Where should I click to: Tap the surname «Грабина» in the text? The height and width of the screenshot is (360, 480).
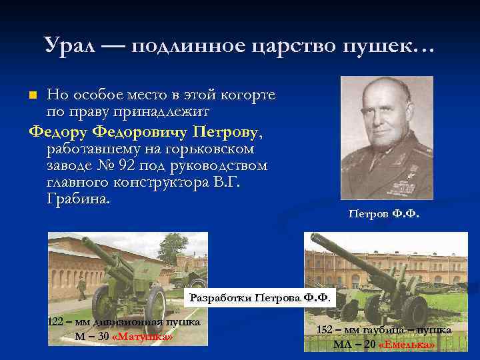point(79,199)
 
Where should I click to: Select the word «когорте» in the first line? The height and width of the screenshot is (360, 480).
point(246,95)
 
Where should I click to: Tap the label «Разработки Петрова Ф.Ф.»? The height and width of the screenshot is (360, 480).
point(259,297)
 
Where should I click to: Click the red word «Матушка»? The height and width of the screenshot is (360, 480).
point(143,336)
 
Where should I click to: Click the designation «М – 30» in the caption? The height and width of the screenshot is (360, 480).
point(93,336)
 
